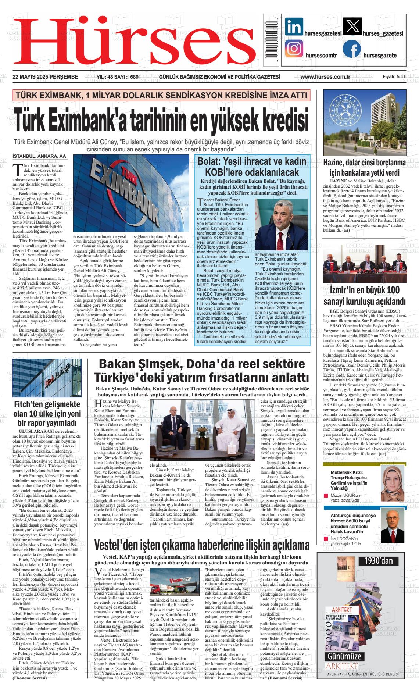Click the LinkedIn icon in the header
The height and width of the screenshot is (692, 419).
[x=294, y=26]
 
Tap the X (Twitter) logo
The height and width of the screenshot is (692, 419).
[x=352, y=26]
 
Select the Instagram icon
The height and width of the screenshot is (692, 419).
[x=294, y=49]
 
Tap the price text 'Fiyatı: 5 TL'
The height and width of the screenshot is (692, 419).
[x=394, y=77]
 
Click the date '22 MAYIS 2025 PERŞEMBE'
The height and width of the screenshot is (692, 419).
[x=45, y=77]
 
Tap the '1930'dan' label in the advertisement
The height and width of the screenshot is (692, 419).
[x=378, y=561]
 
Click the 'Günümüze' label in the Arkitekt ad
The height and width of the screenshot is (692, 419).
[x=344, y=656]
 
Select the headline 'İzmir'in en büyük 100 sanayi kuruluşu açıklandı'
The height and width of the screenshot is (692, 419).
[x=364, y=296]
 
